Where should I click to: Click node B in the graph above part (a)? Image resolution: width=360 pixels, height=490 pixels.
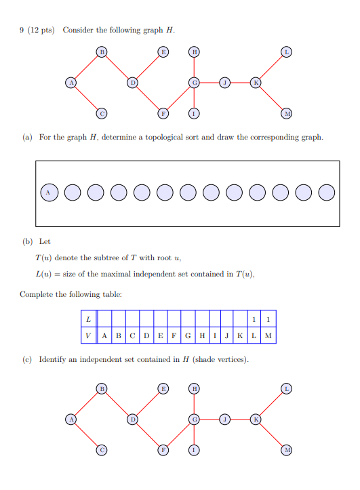click(102, 52)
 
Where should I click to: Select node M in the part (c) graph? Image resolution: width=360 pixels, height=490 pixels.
click(287, 451)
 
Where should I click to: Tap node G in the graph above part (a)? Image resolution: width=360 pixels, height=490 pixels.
click(194, 83)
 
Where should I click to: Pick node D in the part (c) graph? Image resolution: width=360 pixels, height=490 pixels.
click(133, 420)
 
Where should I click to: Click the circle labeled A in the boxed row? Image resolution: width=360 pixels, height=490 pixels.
click(48, 193)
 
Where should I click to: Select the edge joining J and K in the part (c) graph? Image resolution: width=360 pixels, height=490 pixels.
click(240, 420)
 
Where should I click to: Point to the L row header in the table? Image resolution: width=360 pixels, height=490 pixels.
click(88, 319)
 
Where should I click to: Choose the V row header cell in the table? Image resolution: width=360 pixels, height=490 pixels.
click(88, 335)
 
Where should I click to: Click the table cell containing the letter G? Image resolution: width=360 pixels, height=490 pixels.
click(188, 335)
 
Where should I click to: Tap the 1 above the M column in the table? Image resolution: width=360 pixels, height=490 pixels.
click(268, 319)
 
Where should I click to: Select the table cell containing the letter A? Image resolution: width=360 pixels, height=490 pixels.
click(104, 335)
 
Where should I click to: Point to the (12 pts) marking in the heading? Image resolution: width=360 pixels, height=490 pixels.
click(41, 30)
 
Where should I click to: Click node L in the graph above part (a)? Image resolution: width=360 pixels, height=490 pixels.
click(287, 52)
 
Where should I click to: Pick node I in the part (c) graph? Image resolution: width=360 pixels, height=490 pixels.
click(194, 451)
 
